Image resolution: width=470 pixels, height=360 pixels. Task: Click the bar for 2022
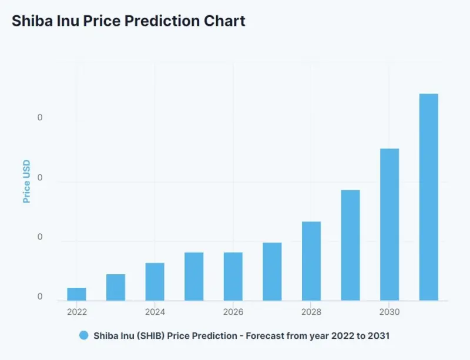coord(76,294)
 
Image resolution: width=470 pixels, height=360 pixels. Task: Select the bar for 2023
coord(116,287)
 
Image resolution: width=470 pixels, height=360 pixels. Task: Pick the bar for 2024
coord(155,282)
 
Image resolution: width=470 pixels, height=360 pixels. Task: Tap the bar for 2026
coord(233,277)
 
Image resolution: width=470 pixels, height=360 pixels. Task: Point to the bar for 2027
coord(272,271)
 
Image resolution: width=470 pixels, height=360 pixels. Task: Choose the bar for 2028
coord(311,261)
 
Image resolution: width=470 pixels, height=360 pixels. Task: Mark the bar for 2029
coord(350,245)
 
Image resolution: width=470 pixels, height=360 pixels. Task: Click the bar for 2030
coord(390,224)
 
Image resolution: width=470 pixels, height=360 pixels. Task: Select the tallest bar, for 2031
coord(429,197)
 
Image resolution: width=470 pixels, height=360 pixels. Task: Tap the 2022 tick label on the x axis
coord(77,312)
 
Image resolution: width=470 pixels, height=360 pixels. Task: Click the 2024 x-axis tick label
coord(155,312)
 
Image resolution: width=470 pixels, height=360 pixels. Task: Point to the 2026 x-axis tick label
coord(233,312)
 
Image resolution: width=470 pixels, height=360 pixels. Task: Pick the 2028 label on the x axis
coord(311,312)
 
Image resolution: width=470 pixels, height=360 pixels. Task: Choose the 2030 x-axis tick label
coord(390,312)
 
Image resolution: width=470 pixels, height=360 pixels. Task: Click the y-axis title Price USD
coord(26,181)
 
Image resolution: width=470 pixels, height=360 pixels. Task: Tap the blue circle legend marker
coord(84,335)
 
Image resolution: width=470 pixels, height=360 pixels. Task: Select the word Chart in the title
coord(224,21)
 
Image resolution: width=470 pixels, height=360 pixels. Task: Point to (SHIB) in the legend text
coord(150,336)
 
